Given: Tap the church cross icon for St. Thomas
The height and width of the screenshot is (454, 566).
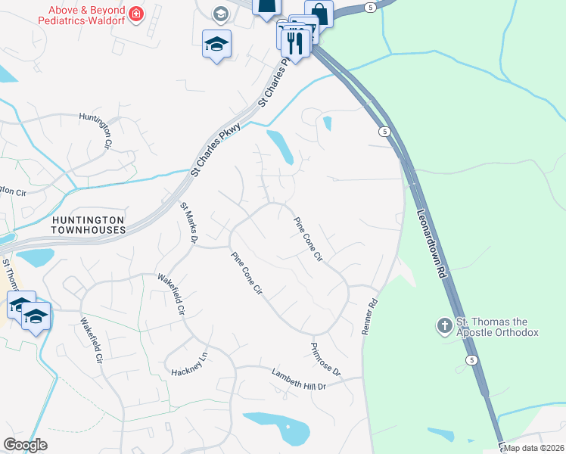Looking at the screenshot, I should pyautogui.click(x=444, y=326).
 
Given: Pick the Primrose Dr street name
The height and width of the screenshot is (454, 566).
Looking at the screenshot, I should pyautogui.click(x=326, y=360).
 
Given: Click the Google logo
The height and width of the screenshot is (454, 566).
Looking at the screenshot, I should pyautogui.click(x=26, y=445).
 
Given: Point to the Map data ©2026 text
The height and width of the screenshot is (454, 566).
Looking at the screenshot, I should pyautogui.click(x=533, y=448).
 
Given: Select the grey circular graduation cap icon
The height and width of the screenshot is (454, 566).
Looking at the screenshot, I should pyautogui.click(x=220, y=14).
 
